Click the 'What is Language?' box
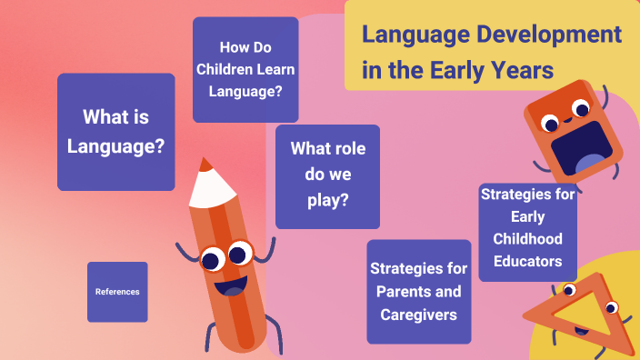116,131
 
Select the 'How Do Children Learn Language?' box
245,69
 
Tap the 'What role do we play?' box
327,175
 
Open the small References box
117,292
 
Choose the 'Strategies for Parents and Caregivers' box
419,292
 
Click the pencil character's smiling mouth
233,288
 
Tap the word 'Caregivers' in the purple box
419,315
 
